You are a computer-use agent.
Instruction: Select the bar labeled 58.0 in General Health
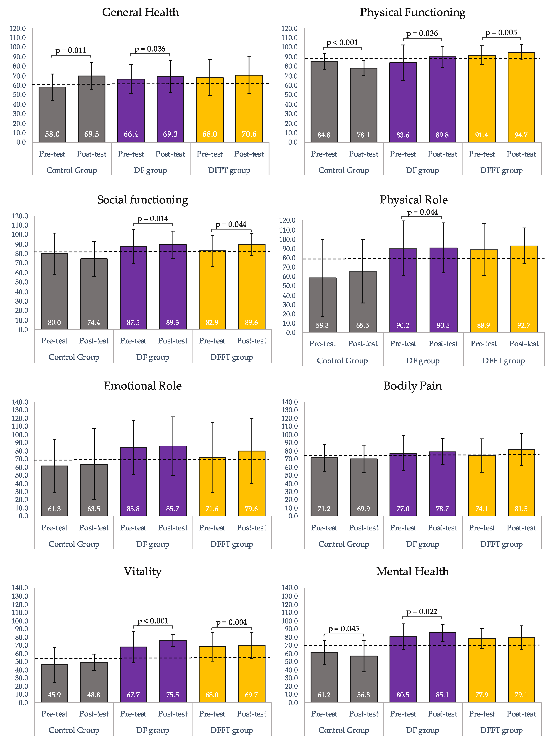(52, 114)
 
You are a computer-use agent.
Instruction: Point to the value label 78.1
(363, 135)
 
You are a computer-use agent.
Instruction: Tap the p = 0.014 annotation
(153, 219)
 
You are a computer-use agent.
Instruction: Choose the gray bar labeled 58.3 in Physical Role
(322, 305)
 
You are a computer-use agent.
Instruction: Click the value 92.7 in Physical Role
(524, 325)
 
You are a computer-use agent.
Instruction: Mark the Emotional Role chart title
(143, 386)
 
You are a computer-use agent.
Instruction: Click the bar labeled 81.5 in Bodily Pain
(521, 482)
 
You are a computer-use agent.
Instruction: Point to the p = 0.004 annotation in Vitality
(231, 622)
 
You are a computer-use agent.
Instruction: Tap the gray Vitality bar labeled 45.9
(54, 683)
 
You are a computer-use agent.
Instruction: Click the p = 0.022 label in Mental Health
(422, 612)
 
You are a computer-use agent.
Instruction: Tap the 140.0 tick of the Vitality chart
(20, 588)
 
